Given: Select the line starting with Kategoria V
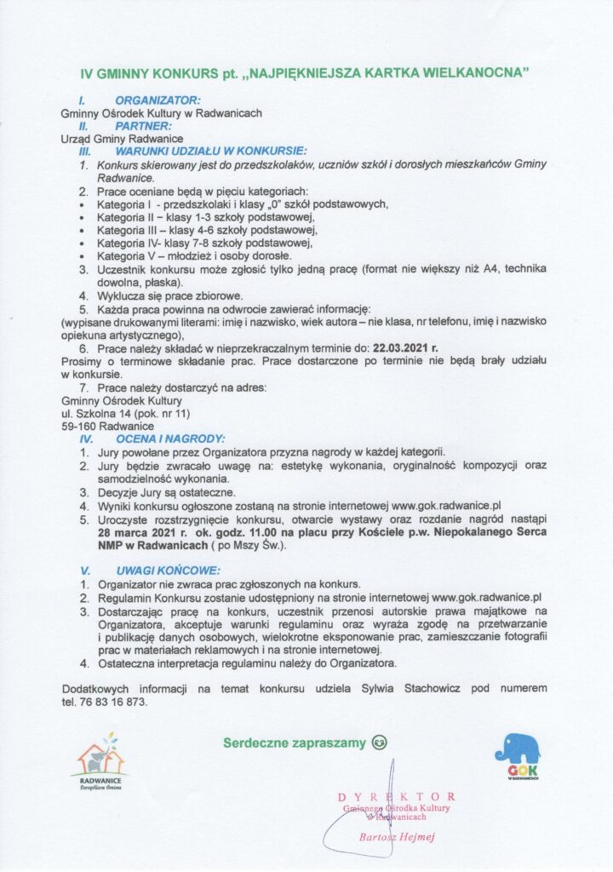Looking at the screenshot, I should pyautogui.click(x=194, y=255).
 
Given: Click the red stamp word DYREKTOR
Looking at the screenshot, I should pyautogui.click(x=396, y=795).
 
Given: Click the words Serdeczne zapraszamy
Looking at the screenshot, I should pyautogui.click(x=295, y=743).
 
